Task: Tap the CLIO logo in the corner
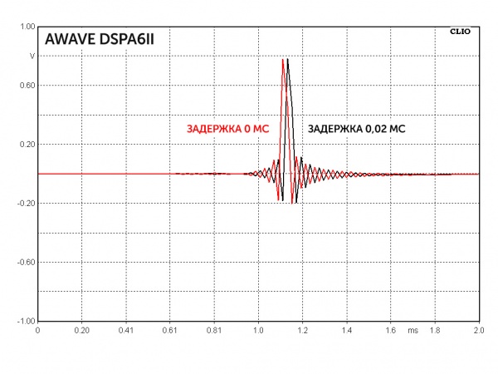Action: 460,32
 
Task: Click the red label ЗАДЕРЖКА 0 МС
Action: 228,130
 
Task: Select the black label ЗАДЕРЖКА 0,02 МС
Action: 357,130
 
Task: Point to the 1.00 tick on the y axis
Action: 27,27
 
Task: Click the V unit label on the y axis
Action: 32,57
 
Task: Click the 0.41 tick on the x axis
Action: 126,330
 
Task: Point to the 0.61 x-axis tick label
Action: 170,330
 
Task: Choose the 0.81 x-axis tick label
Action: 214,330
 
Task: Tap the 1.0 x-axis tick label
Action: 258,330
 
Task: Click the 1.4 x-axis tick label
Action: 346,330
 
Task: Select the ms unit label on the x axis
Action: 413,330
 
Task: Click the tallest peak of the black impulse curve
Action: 288,60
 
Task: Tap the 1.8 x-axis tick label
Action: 434,330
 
